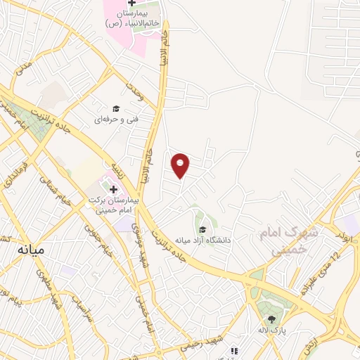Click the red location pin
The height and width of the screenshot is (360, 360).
click(x=181, y=165)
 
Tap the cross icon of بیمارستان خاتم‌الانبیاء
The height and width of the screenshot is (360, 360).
click(x=131, y=4)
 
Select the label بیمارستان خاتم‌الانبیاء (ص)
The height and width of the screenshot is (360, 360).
click(x=131, y=19)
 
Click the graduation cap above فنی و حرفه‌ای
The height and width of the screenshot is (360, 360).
click(x=116, y=108)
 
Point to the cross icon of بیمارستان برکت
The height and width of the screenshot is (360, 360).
click(x=112, y=189)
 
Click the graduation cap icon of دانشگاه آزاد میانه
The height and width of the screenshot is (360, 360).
click(x=202, y=229)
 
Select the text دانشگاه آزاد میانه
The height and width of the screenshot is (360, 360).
click(x=203, y=240)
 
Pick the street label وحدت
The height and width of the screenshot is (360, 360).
click(x=134, y=89)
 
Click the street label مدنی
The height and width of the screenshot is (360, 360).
click(x=24, y=70)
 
